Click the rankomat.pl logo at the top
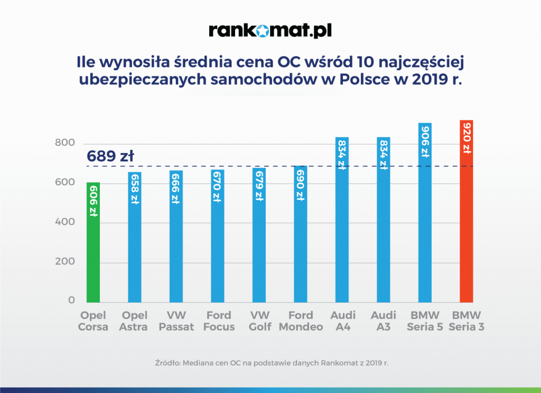click(x=270, y=30)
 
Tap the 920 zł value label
click(x=466, y=138)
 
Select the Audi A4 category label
click(x=342, y=321)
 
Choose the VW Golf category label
click(x=259, y=321)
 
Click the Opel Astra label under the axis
click(x=135, y=321)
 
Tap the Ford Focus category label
click(x=218, y=321)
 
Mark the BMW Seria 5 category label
click(x=425, y=321)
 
